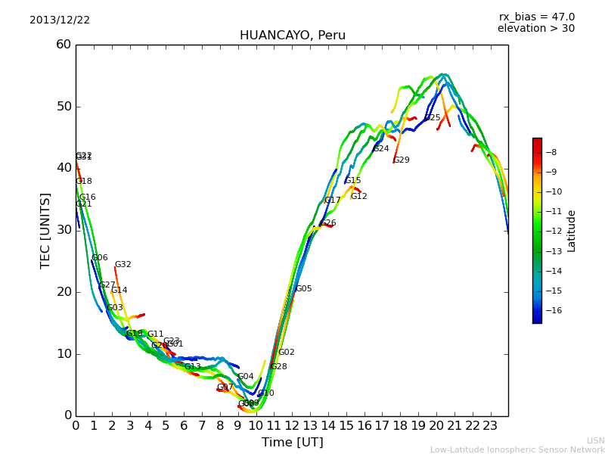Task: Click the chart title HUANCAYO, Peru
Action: tap(292, 36)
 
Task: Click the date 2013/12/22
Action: tap(60, 20)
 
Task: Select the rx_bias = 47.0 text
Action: tap(536, 17)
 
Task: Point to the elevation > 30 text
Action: tap(535, 29)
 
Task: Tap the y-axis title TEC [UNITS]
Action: tap(45, 230)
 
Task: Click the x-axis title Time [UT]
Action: tap(292, 443)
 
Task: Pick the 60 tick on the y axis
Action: tap(64, 45)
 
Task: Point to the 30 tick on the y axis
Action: tap(64, 230)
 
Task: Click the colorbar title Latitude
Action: tap(572, 230)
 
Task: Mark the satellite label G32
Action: tap(123, 265)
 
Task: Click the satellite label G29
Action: tap(401, 160)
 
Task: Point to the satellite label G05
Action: tap(303, 289)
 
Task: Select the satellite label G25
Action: tap(432, 118)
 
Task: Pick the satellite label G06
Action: tap(99, 258)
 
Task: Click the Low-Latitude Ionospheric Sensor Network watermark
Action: tap(517, 450)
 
